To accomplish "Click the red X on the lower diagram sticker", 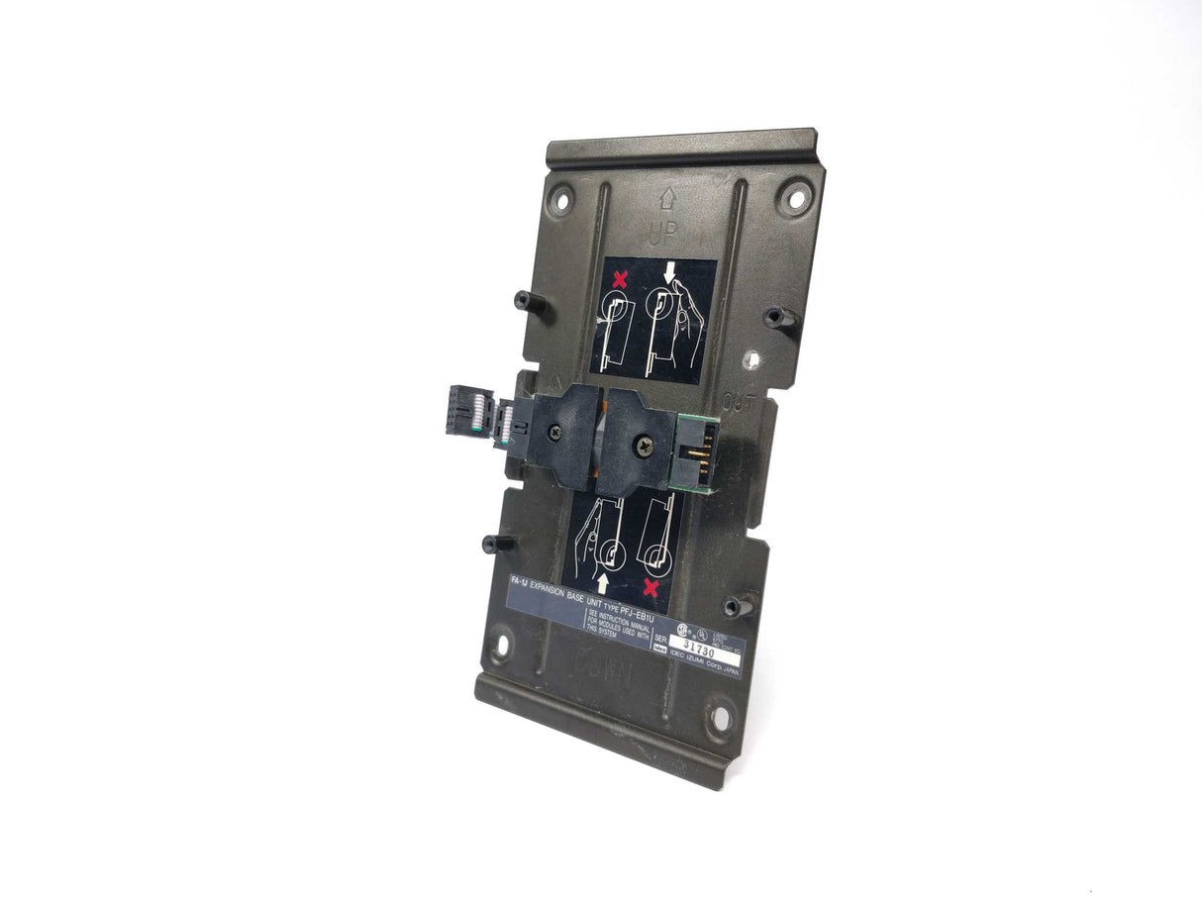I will coord(651,590).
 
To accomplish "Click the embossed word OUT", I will coord(741,401).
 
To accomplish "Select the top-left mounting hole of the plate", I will coord(560,192).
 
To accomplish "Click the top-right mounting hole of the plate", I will coord(792,195).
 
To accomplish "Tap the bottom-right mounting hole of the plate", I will coord(720,716).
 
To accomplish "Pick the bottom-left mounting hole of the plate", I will coord(501,646).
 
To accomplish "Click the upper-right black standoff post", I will coord(778,318).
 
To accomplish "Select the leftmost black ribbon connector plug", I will coord(465,414).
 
